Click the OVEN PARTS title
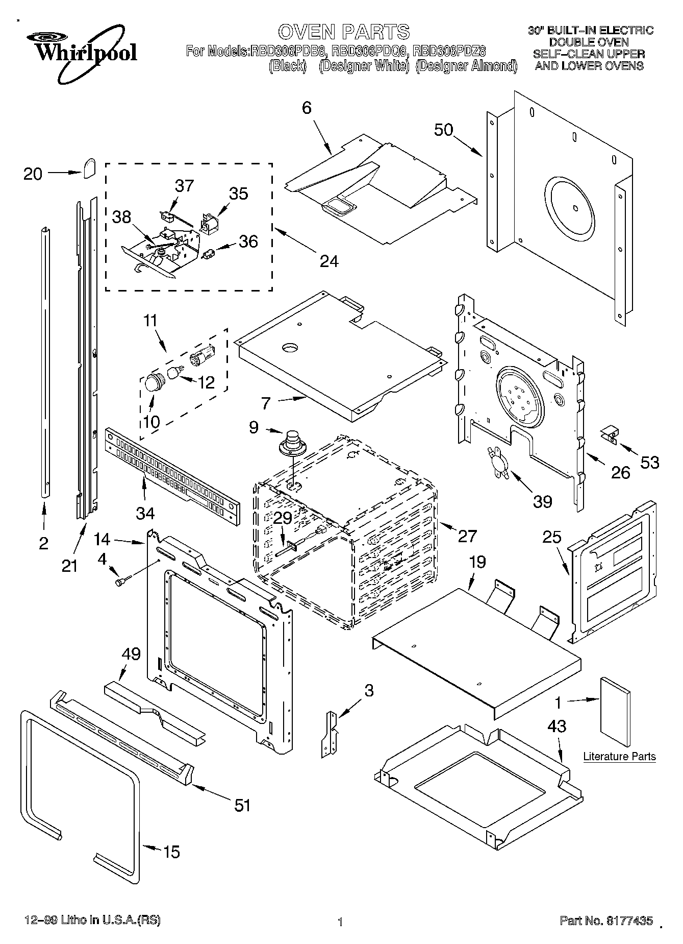(343, 32)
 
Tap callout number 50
(443, 130)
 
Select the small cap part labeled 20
(90, 167)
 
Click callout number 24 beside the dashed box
(329, 261)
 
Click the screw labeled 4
(122, 581)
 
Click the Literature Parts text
(619, 756)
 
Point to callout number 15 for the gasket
(171, 852)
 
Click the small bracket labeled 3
(328, 734)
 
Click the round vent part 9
(293, 442)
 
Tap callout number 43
(556, 726)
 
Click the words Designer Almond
(466, 66)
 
